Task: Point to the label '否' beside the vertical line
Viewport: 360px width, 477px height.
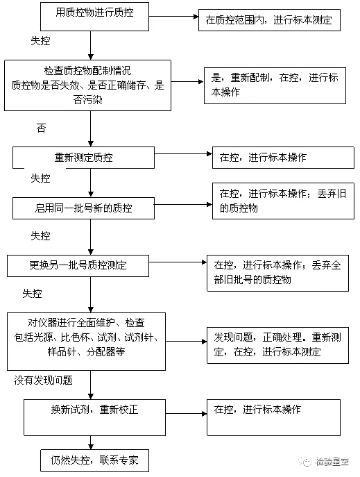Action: (42, 128)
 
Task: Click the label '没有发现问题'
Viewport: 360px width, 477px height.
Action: (44, 380)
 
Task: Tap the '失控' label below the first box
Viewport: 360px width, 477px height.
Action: (40, 41)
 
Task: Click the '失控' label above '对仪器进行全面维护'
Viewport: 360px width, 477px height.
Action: (32, 294)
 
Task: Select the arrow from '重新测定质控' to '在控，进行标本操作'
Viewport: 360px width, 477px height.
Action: (183, 154)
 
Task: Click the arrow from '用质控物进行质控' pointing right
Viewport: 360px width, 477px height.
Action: (173, 17)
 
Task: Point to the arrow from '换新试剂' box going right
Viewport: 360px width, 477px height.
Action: (186, 413)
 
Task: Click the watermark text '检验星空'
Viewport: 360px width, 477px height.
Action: (332, 462)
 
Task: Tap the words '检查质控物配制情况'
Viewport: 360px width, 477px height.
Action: (88, 71)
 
